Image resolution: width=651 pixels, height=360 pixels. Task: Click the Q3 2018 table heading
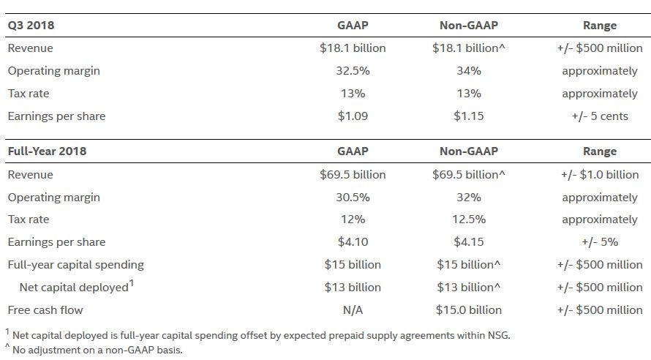31,26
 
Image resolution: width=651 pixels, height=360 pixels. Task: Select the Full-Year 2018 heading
47,151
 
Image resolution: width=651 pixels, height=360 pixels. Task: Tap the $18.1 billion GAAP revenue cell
353,48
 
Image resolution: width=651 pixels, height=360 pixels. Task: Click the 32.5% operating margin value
353,71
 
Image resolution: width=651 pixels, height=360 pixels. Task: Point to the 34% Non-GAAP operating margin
469,71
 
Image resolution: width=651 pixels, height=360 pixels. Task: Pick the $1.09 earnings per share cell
353,116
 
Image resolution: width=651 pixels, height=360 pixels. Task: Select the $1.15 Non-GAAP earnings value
469,116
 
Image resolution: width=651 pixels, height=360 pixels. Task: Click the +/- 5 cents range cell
600,116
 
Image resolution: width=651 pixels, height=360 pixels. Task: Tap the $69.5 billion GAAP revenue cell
353,175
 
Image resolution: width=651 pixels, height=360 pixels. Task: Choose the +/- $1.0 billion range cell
600,175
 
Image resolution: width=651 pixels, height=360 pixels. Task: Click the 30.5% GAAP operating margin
353,198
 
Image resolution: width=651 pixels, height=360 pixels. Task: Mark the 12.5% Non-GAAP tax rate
469,220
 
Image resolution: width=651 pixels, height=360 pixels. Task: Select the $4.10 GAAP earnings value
353,242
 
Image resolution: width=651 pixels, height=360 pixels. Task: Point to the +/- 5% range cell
600,242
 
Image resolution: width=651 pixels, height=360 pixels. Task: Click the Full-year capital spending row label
75,265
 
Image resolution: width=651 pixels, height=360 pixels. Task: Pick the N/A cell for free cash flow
353,310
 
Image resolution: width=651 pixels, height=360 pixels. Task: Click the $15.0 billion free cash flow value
469,310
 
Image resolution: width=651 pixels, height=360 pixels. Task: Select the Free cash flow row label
45,310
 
